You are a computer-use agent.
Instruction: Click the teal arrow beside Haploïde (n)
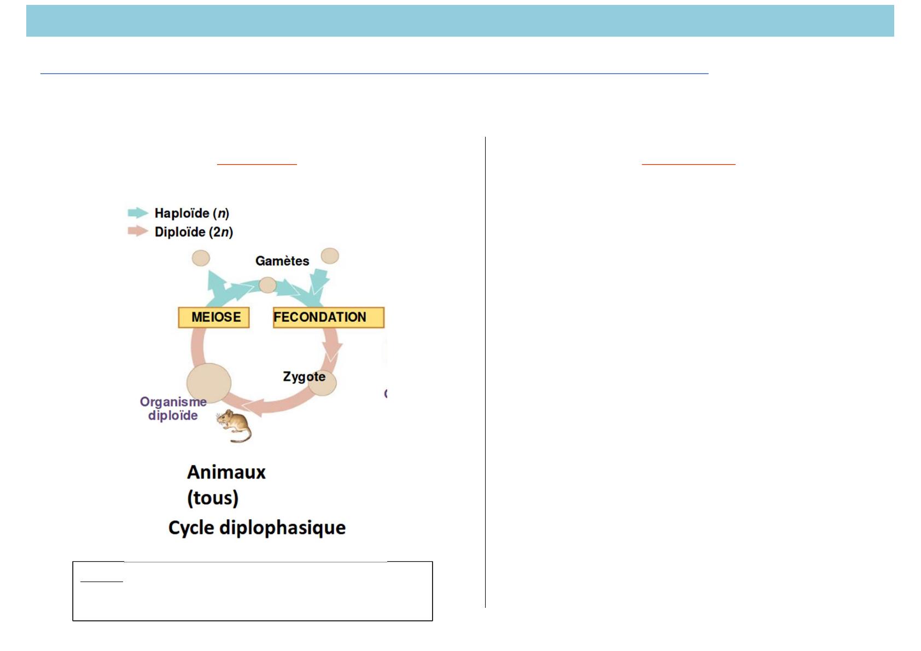click(138, 213)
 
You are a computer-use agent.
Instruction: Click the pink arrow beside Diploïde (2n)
click(138, 231)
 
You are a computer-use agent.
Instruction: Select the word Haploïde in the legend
click(182, 213)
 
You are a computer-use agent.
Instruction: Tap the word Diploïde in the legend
click(180, 232)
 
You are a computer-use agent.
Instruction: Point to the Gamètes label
click(282, 261)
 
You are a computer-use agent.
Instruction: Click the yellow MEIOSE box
click(214, 317)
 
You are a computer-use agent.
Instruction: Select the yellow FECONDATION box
click(329, 317)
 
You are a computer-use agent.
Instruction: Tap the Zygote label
click(304, 377)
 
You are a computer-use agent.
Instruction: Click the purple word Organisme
click(173, 402)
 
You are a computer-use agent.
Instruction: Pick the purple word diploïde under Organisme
click(173, 415)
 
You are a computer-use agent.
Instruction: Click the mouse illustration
click(234, 426)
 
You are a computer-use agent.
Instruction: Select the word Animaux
click(226, 472)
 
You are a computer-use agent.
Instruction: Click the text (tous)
click(213, 498)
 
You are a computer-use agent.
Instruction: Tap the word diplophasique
click(282, 528)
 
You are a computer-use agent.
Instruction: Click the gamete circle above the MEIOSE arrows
click(201, 258)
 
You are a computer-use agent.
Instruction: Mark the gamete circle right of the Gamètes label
click(330, 256)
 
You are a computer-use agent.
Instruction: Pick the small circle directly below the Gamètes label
click(267, 284)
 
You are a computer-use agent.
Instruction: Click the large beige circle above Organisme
click(209, 383)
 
